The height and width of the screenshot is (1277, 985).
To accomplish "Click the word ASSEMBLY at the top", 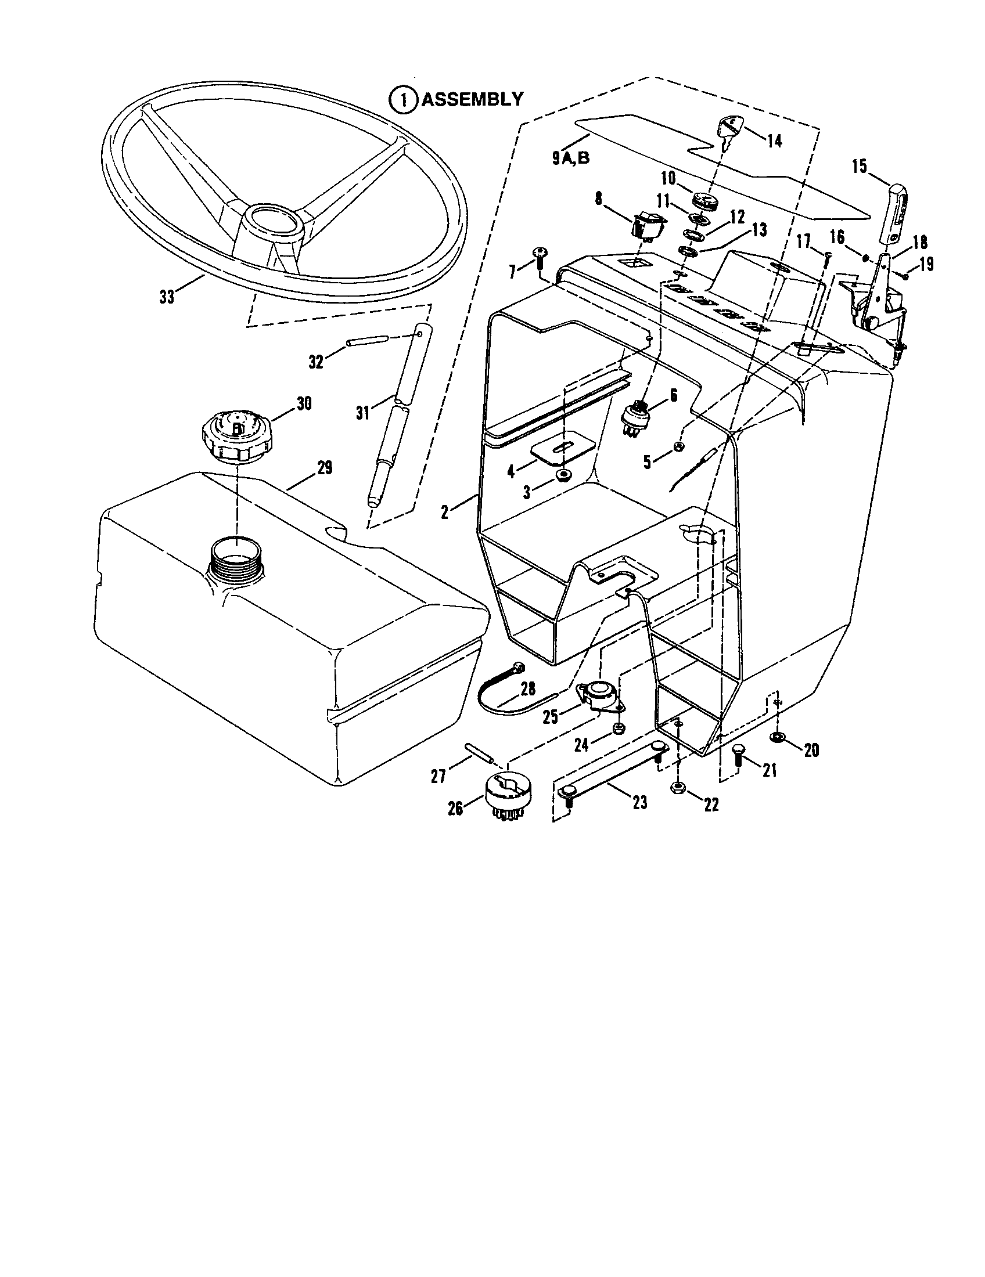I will [472, 99].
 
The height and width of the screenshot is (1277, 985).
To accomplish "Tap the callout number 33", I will [167, 297].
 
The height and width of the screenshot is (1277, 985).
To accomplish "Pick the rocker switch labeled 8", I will [649, 226].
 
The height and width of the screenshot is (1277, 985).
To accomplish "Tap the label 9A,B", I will [571, 158].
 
